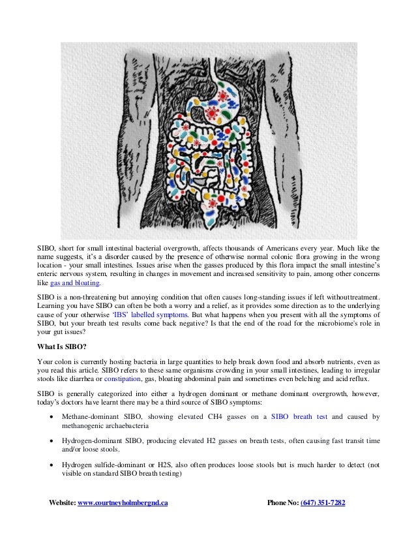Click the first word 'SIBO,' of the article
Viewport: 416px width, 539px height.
pos(46,248)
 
